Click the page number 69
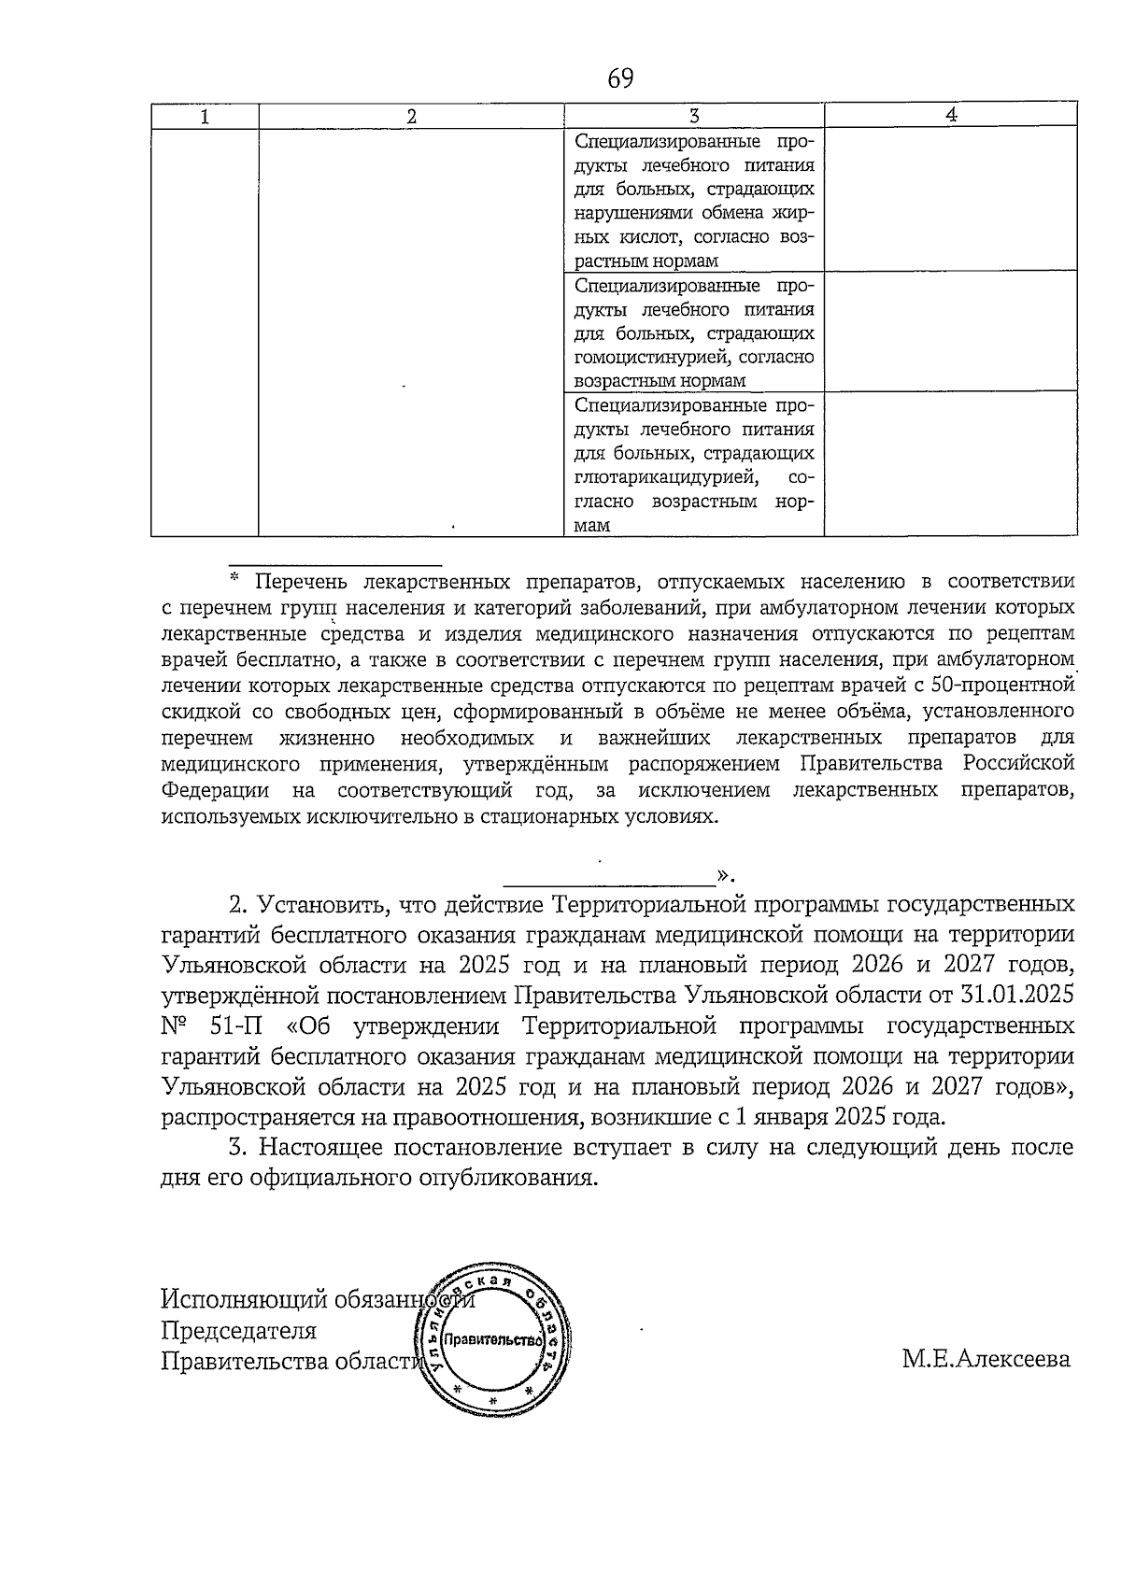(x=620, y=78)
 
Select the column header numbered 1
(x=205, y=117)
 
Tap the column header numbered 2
(x=411, y=117)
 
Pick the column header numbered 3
(x=694, y=117)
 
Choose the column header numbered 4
(x=951, y=115)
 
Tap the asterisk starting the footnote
(x=235, y=579)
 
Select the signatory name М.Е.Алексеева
(x=986, y=1359)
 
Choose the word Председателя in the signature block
(x=239, y=1330)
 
